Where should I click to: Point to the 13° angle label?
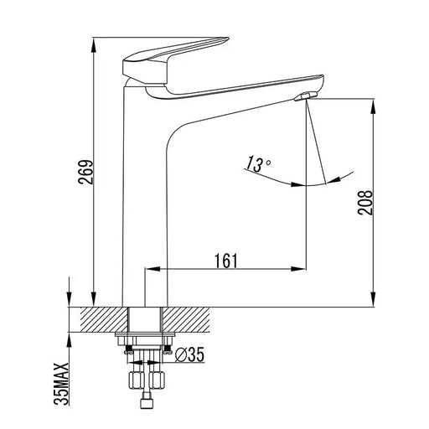258,162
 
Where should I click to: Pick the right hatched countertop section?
198,319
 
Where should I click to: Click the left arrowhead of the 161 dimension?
152,269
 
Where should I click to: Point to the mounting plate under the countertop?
147,339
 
